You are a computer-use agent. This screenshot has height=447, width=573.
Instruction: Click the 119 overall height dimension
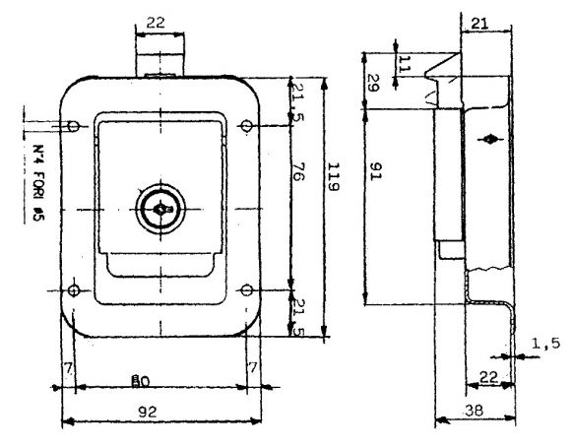click(x=335, y=181)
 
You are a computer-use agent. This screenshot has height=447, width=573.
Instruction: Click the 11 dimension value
click(x=405, y=63)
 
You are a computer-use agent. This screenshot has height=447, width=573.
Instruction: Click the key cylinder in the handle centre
click(x=159, y=209)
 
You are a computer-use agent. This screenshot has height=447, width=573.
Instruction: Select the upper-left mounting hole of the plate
click(x=75, y=125)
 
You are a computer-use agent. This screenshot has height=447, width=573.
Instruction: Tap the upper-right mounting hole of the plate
click(x=245, y=125)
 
